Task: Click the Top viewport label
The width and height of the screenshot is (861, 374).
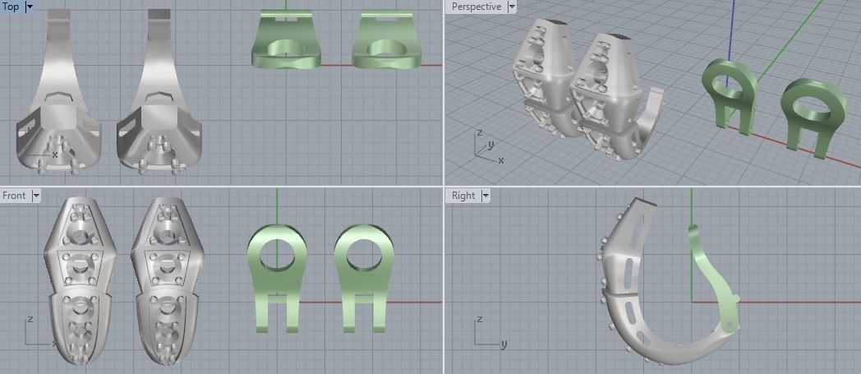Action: (x=11, y=7)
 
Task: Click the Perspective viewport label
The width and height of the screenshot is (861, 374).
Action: (x=476, y=7)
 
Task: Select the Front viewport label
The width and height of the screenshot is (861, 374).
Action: (x=14, y=196)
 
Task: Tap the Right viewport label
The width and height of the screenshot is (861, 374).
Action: (x=463, y=196)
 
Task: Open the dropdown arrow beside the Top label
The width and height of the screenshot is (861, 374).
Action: (x=30, y=7)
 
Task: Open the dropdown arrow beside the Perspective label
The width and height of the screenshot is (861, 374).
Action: (x=512, y=7)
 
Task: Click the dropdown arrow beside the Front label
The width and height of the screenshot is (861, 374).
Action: (x=35, y=196)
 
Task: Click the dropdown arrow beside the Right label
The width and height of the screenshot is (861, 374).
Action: (x=485, y=196)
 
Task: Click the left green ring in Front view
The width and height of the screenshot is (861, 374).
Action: (x=276, y=255)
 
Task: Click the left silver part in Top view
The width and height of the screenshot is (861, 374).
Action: (x=58, y=107)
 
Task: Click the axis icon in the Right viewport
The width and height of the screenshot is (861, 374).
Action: (x=485, y=334)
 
